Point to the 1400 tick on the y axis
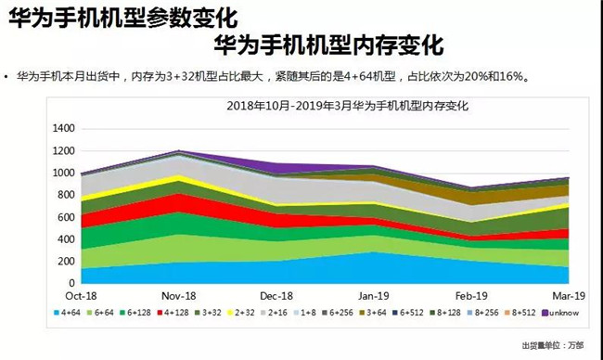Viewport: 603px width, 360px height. (63, 128)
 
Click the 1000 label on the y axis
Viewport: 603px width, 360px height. (63, 173)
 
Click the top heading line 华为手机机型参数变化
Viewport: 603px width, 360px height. (122, 19)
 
